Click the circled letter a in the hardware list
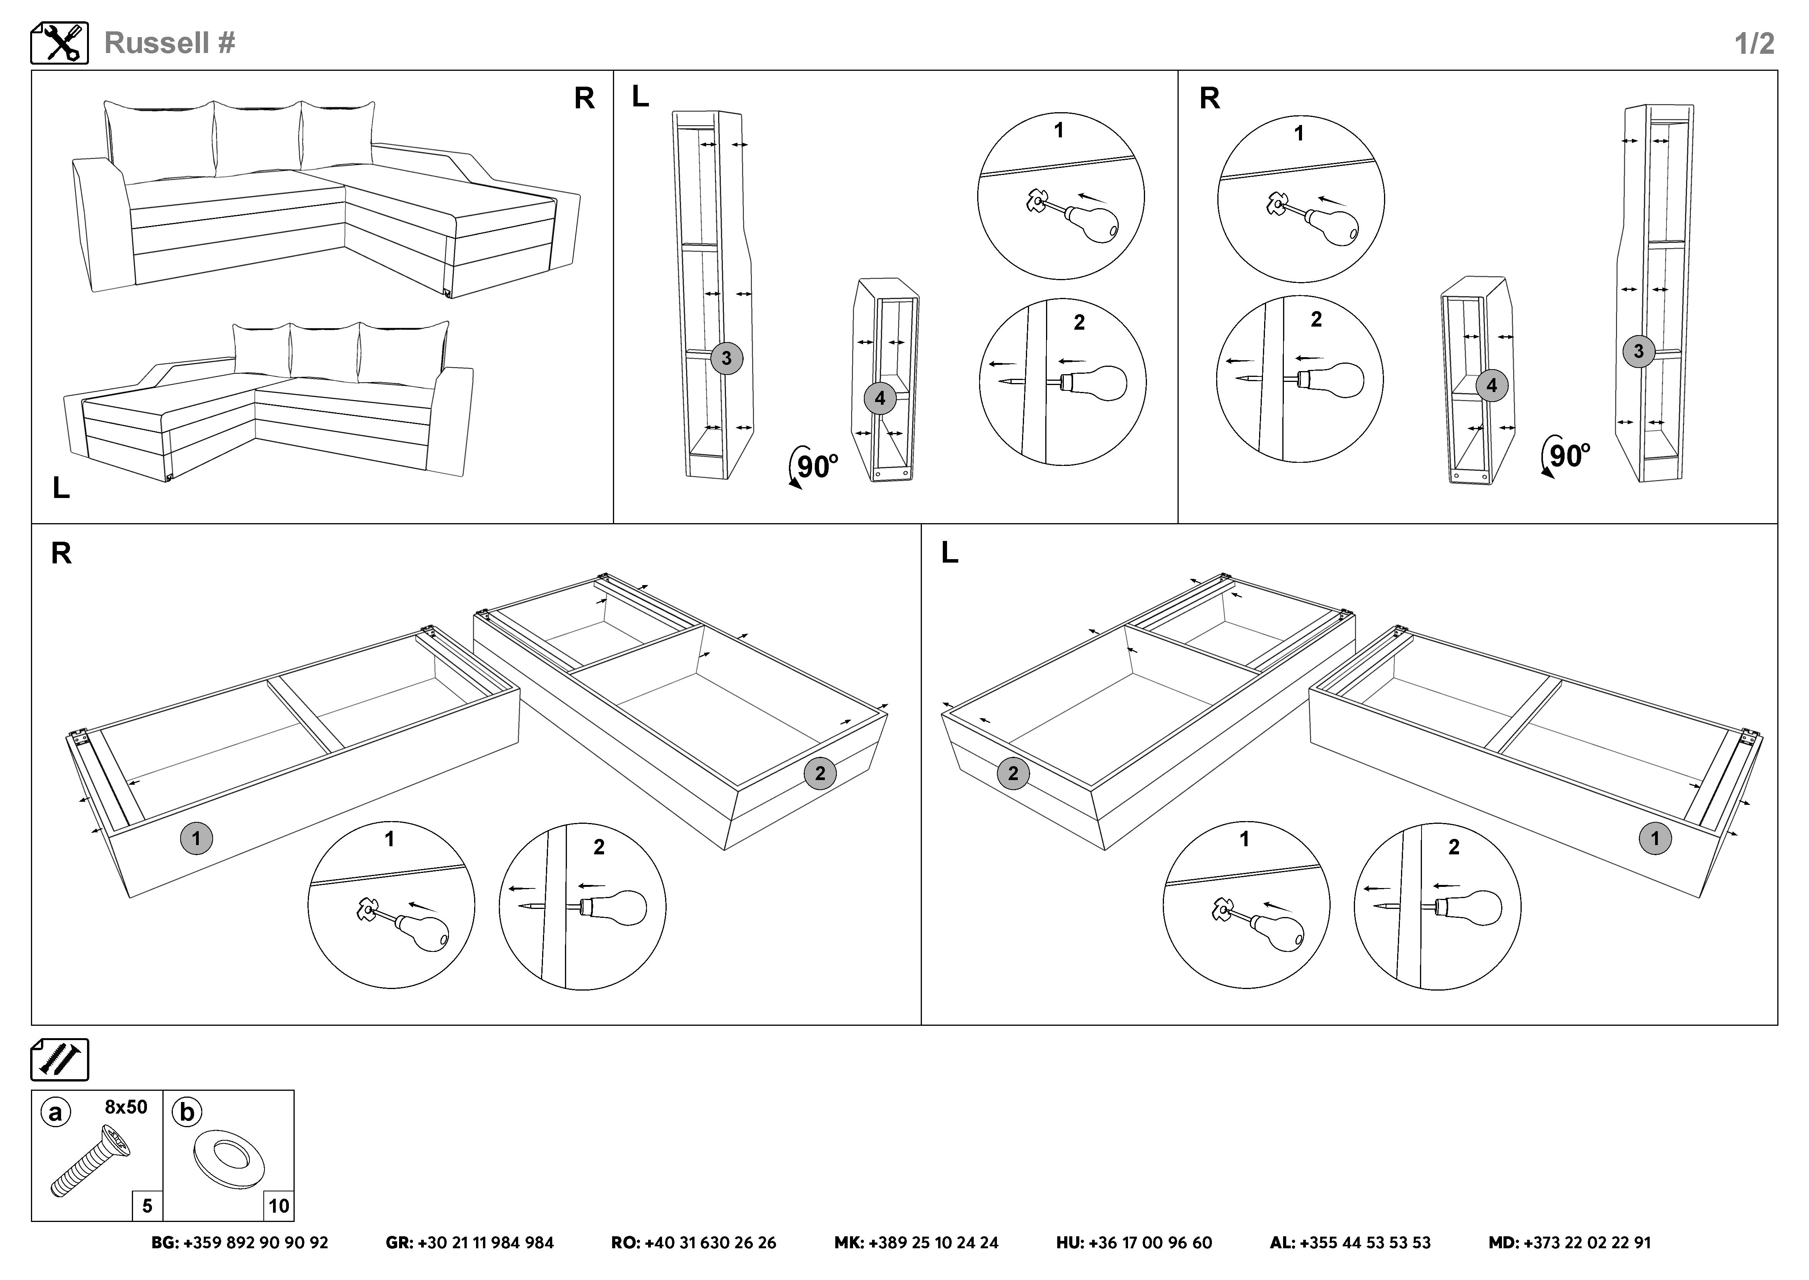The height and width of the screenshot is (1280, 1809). [55, 1112]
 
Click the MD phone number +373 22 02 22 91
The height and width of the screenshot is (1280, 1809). [1570, 1243]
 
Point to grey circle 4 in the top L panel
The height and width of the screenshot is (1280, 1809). [880, 399]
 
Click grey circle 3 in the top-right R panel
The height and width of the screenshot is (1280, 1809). [1639, 351]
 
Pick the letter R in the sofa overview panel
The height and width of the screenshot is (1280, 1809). [584, 99]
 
